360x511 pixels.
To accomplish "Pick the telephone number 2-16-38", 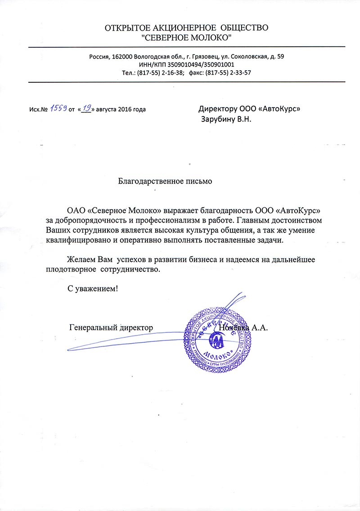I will [171, 72].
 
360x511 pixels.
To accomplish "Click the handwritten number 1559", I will [58, 108].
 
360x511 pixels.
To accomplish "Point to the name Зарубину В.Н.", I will [225, 119].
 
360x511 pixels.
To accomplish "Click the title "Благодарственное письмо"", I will [165, 182].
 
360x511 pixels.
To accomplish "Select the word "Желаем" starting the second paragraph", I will [81, 260].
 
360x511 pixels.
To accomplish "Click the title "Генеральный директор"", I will [111, 327].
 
